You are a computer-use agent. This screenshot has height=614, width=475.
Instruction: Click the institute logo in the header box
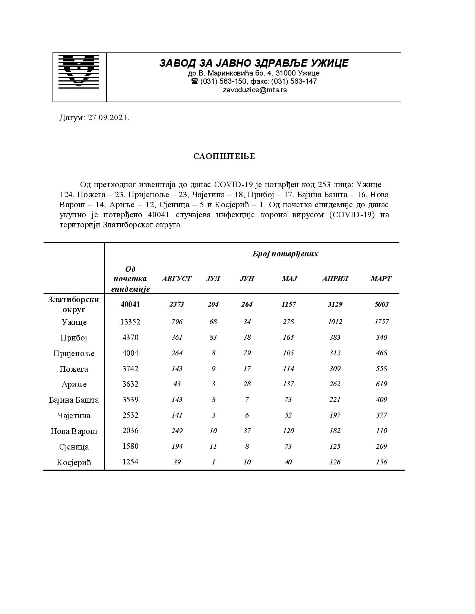point(79,71)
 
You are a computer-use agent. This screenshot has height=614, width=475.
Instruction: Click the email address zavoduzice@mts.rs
point(254,90)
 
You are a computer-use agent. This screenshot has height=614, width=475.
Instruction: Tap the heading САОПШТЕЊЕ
point(224,156)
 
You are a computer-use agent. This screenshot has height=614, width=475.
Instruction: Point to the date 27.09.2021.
point(108,118)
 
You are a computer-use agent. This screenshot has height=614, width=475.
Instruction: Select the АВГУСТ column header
point(177,278)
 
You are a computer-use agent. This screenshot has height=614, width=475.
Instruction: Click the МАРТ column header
point(381,278)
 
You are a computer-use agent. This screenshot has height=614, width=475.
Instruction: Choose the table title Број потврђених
point(285,254)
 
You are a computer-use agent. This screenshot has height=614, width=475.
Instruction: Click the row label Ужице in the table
point(74,322)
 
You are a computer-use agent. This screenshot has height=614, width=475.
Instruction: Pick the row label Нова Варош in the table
point(74,431)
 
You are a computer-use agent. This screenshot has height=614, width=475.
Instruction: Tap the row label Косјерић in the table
point(74,463)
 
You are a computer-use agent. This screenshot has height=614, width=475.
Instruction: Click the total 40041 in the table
point(130,304)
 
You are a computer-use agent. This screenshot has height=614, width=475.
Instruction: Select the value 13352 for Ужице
point(130,322)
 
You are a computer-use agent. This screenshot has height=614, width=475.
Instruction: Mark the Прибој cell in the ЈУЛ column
point(213,338)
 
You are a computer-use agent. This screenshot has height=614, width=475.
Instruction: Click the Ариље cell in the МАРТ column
point(381,384)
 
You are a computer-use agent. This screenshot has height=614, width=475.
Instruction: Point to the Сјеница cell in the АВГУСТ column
point(177,447)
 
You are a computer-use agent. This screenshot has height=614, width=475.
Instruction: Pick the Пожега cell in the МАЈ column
point(288,368)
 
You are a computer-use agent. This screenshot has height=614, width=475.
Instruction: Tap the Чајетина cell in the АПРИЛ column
point(335,415)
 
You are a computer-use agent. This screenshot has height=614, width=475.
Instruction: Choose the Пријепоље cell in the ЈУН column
point(247,353)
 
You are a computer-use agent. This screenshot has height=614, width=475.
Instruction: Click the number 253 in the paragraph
point(324,185)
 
